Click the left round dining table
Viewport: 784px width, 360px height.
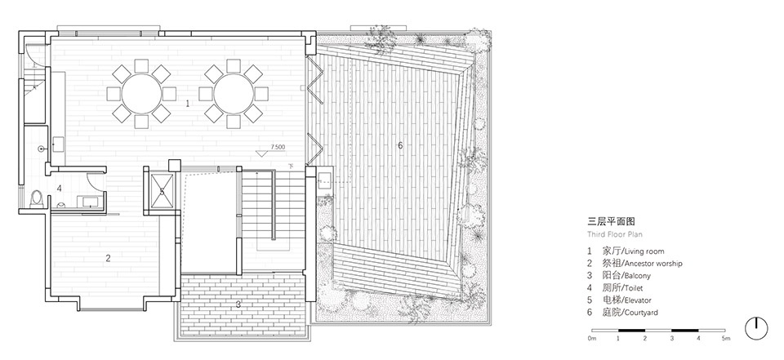[141, 94]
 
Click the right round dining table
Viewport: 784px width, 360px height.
[234, 94]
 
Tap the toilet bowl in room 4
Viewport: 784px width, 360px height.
[35, 198]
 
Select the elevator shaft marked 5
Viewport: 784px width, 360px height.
[162, 190]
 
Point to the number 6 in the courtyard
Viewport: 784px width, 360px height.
[400, 145]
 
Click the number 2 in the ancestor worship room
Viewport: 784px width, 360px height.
[108, 258]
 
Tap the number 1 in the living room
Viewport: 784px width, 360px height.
[188, 104]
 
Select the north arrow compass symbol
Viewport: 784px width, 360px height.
[756, 328]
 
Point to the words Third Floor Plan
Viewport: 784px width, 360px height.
[615, 234]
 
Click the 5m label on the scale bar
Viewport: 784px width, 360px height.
[726, 339]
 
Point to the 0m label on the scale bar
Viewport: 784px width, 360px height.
[593, 339]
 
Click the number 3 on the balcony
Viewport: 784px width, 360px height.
[238, 304]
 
